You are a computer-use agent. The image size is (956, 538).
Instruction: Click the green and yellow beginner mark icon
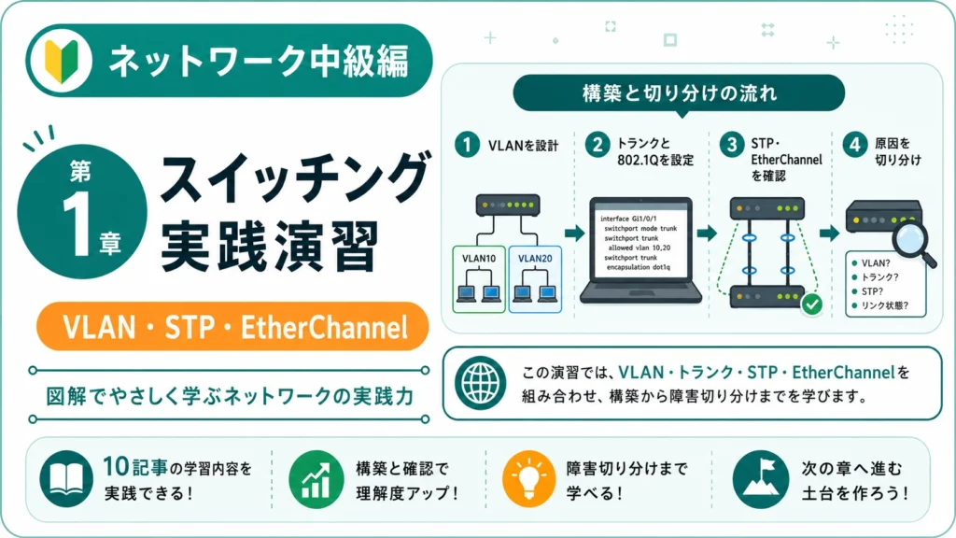point(62,61)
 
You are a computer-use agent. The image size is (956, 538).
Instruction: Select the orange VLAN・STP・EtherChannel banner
point(232,326)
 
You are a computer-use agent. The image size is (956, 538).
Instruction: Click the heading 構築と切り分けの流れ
point(680,93)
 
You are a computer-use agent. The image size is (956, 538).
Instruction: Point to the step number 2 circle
point(597,145)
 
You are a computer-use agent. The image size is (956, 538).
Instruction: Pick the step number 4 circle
point(855,145)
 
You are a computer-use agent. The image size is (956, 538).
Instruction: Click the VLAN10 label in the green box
point(479,259)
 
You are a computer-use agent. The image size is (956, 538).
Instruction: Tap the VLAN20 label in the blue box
point(535,259)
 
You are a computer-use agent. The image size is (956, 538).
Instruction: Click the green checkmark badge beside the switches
point(811,304)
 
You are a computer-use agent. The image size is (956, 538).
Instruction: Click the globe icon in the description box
point(480,383)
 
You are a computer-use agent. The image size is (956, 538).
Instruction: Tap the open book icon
point(66,479)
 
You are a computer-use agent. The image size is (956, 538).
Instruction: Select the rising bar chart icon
point(316,480)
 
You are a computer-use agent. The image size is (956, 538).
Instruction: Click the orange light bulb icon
point(528,479)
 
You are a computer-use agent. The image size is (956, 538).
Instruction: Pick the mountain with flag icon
point(760,479)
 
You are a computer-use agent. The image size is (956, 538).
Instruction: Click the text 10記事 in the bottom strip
point(134,467)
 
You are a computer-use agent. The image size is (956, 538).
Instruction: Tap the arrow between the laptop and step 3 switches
point(708,233)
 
